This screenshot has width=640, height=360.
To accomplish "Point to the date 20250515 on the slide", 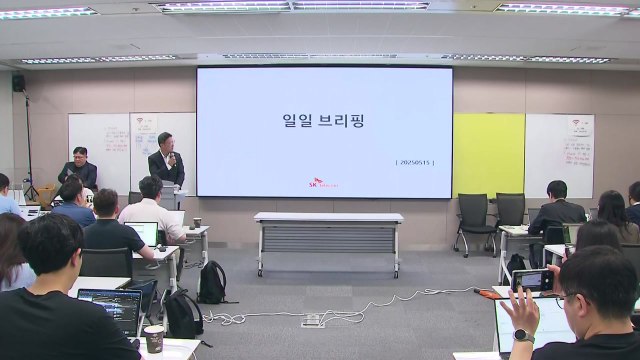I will (415, 162).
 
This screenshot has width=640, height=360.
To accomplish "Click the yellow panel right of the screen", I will (488, 155).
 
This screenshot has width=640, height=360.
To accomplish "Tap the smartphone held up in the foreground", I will (531, 280).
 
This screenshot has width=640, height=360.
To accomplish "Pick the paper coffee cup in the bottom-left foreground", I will (153, 338).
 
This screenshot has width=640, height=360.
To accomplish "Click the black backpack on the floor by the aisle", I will (212, 283).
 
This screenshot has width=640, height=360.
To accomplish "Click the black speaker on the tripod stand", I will (19, 83).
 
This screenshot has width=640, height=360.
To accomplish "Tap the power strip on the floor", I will (313, 320).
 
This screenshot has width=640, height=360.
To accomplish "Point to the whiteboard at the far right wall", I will (559, 155).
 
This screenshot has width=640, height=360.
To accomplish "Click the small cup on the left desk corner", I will (197, 222).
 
